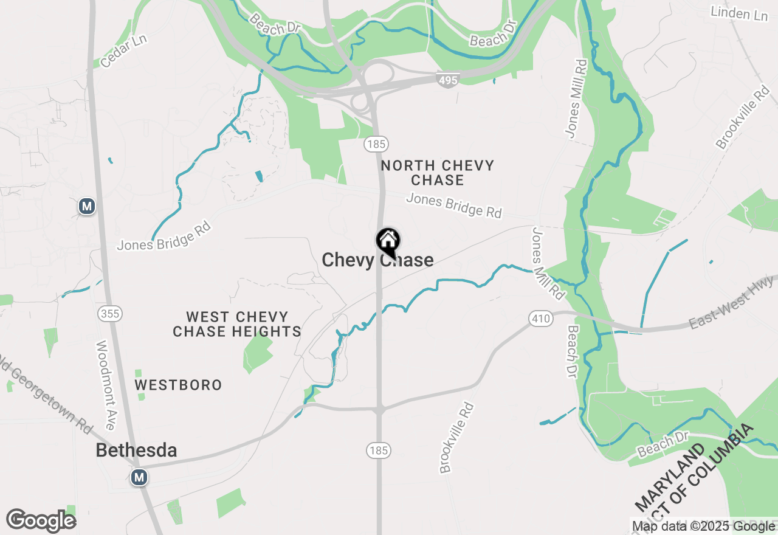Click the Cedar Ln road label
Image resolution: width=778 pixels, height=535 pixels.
coord(124,50)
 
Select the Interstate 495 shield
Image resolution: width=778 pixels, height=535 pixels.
coord(447,80)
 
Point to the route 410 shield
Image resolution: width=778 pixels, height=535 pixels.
coord(540,318)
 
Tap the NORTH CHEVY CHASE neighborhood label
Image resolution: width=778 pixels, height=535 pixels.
coord(438,173)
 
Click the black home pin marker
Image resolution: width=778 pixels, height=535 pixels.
coord(388,241)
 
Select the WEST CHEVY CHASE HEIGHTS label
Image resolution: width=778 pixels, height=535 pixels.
coord(237,324)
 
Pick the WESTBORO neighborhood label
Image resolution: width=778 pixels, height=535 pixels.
coord(178,385)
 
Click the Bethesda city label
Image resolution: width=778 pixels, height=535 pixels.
coord(137,450)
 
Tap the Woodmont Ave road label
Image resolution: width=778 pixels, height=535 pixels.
coord(106,384)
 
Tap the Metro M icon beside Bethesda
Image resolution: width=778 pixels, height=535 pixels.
coord(139,477)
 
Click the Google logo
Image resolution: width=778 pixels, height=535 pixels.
coord(41,521)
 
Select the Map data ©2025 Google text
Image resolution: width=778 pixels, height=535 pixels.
coord(703,526)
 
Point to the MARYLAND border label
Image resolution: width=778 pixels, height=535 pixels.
coord(670,477)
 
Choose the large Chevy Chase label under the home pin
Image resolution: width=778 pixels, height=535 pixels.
coord(377,260)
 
